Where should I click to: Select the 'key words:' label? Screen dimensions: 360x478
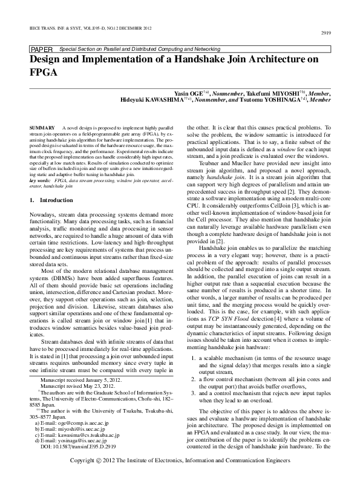pyautogui.click(x=40, y=180)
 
